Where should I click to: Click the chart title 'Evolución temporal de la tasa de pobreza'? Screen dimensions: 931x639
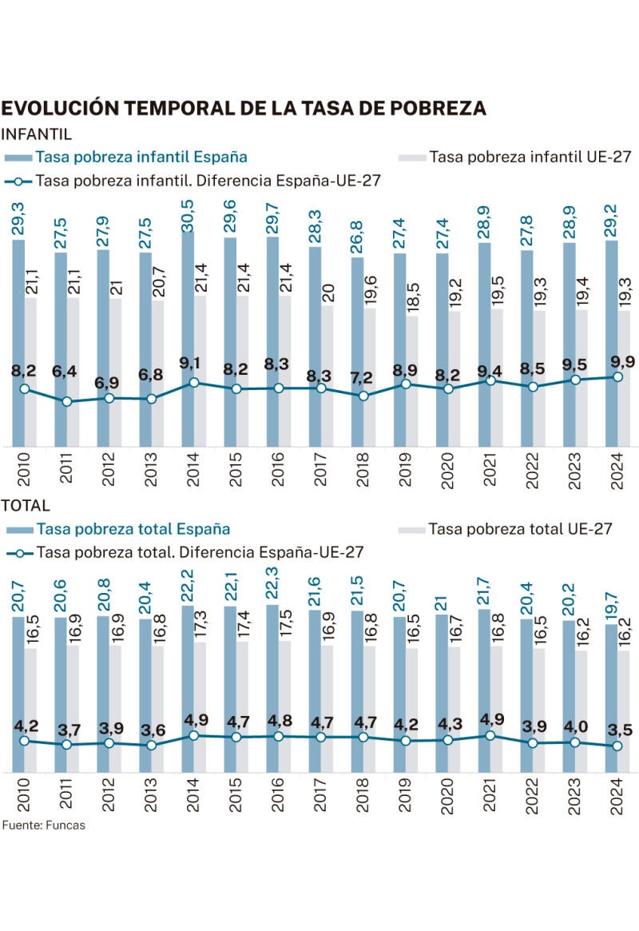click(x=244, y=109)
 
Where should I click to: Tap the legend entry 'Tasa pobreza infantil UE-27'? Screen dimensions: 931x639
click(x=530, y=157)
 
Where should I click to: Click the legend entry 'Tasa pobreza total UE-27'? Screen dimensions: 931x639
click(x=520, y=529)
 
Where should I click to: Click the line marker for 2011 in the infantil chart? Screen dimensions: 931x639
click(x=67, y=401)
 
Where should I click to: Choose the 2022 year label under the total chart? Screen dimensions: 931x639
click(x=526, y=796)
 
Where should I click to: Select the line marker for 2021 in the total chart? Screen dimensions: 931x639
click(x=490, y=735)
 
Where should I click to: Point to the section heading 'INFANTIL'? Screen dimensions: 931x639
click(x=38, y=133)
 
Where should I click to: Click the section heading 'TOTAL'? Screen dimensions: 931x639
click(x=26, y=506)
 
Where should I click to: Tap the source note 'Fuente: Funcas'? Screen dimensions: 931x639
click(x=43, y=826)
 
